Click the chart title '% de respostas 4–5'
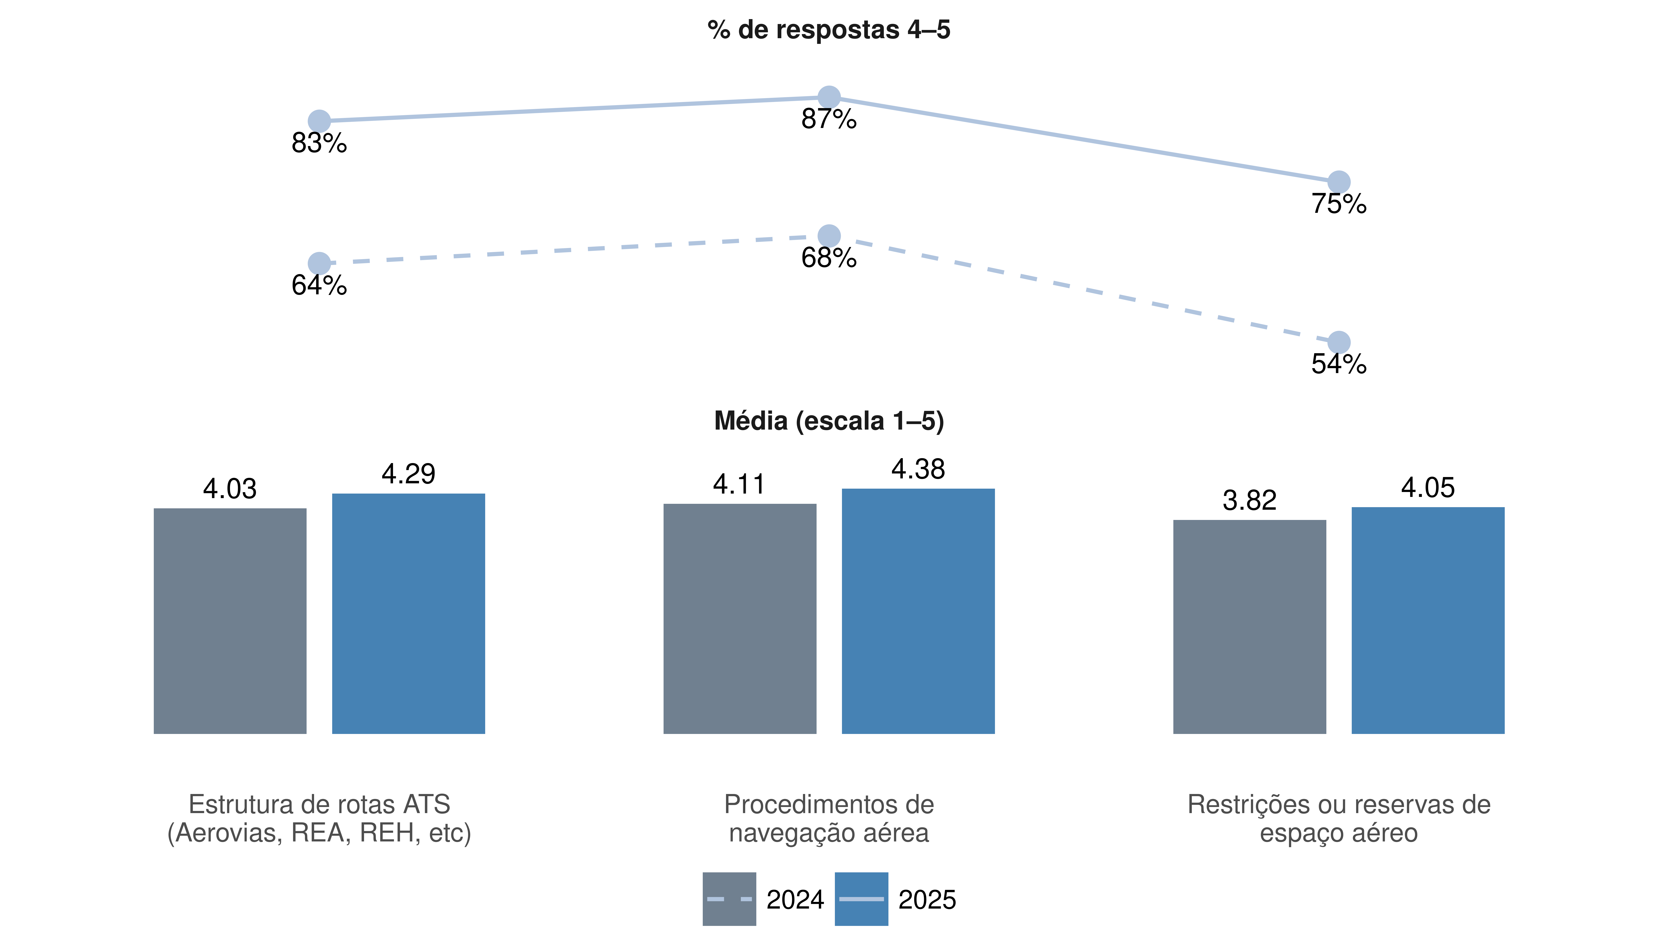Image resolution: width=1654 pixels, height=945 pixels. pos(829,30)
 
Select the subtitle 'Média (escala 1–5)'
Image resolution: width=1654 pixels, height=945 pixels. pos(829,421)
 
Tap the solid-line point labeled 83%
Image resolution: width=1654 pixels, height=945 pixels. pos(319,121)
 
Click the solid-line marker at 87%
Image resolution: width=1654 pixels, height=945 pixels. pos(829,97)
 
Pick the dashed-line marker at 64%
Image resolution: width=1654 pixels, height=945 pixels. pos(319,263)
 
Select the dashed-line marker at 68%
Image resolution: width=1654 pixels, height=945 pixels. pos(829,236)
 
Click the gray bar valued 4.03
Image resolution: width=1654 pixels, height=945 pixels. pos(230,621)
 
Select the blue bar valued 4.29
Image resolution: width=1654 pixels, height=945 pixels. pos(408,614)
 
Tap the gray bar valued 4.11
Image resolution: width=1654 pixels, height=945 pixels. pos(740,619)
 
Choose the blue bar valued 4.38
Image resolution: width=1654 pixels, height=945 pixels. pos(919,611)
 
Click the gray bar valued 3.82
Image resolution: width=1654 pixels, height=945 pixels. pos(1250,627)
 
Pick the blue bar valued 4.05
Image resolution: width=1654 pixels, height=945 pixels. pos(1428,621)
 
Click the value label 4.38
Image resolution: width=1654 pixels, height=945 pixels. pos(919,469)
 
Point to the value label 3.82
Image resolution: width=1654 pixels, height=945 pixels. pos(1250,500)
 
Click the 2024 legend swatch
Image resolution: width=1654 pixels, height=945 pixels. pos(729,899)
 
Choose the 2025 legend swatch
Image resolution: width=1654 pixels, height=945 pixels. pos(861,899)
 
